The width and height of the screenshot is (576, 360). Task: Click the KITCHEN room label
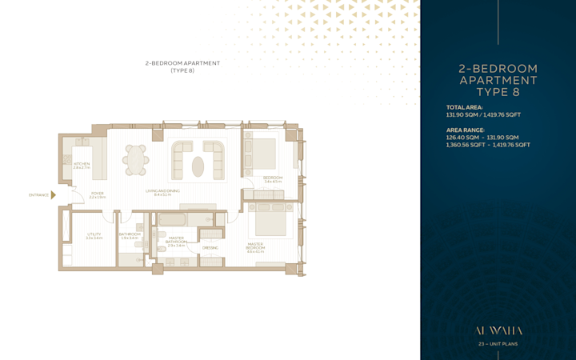click(82, 164)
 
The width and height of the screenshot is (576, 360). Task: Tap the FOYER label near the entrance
click(97, 193)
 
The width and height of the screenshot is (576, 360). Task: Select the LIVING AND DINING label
click(162, 190)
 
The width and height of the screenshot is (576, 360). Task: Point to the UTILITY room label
click(94, 234)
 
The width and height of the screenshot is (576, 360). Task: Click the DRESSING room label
click(210, 248)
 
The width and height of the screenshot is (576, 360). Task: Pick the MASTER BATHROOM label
click(176, 240)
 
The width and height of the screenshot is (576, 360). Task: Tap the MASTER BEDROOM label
click(255, 246)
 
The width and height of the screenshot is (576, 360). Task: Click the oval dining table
click(136, 159)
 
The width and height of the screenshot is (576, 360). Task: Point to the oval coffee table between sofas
click(198, 166)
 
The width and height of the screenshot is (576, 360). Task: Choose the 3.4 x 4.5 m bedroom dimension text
click(273, 182)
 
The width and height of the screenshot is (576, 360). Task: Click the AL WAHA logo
click(498, 329)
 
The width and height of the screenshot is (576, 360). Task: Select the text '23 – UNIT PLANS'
click(498, 343)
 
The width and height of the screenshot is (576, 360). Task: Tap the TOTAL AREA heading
click(465, 106)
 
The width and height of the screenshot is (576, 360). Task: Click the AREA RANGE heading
click(466, 130)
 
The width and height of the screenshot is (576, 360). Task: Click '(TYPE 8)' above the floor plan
click(182, 70)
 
